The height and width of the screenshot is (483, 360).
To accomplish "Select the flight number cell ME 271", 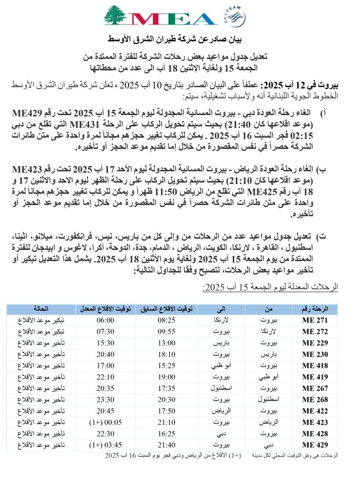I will click(x=315, y=320).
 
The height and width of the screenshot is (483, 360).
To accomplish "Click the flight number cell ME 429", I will click(x=315, y=445).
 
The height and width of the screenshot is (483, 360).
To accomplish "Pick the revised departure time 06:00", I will click(x=105, y=320).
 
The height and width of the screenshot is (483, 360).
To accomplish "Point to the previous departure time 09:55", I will click(x=166, y=332).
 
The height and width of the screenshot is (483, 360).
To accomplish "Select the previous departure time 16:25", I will click(x=166, y=433).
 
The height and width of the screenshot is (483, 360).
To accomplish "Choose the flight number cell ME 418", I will click(x=315, y=366).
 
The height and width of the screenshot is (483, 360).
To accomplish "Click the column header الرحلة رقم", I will click(x=315, y=309).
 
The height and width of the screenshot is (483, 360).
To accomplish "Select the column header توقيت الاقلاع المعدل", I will click(x=105, y=309).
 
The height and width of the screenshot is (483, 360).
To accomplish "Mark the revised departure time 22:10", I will click(x=105, y=377).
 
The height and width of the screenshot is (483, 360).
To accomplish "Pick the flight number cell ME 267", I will click(x=315, y=388).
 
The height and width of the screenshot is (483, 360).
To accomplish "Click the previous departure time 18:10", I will click(x=166, y=354).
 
